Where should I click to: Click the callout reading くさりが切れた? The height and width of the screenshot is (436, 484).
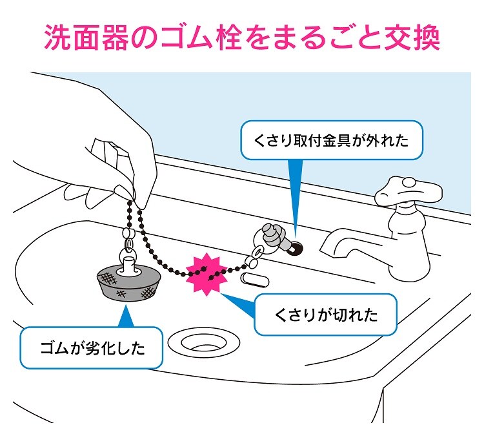(x=326, y=315)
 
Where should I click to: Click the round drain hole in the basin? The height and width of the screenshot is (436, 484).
(x=202, y=340)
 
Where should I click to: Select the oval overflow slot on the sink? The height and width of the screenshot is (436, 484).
(x=254, y=278)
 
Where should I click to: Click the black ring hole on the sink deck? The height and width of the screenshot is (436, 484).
(x=297, y=245)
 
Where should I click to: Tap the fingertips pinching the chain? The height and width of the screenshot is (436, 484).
(x=132, y=193)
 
